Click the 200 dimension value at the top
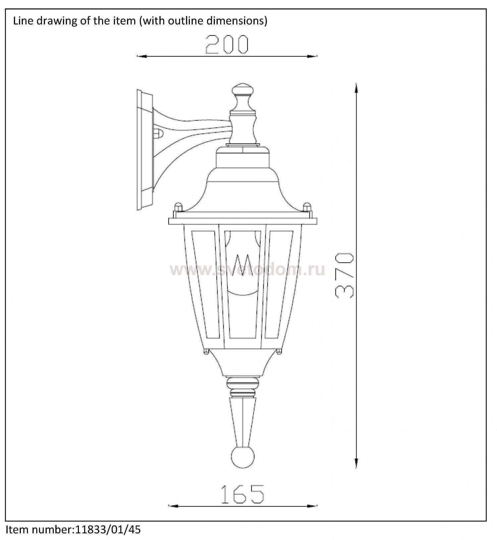(227, 44)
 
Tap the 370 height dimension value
(344, 276)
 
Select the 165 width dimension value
(243, 494)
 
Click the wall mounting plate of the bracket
(145, 150)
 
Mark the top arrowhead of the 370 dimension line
(356, 88)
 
